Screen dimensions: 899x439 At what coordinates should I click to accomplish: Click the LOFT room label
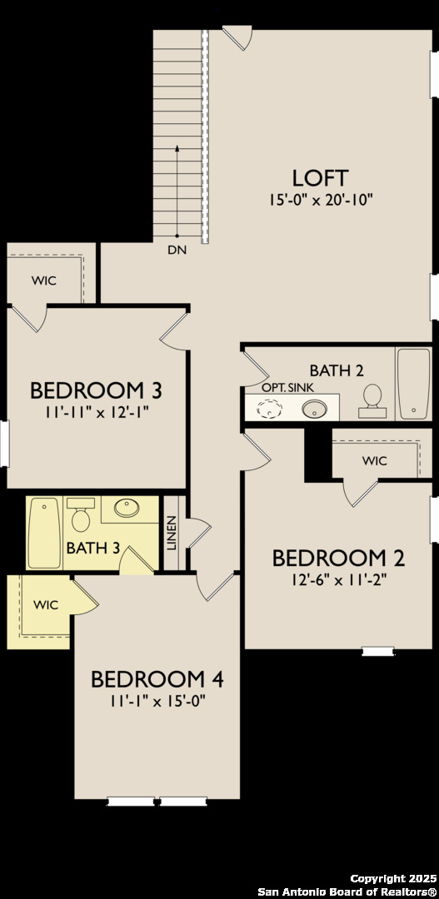pos(320,177)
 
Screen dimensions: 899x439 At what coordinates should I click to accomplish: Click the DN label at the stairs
pos(177,249)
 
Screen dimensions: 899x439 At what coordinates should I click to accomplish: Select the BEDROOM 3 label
pos(96,390)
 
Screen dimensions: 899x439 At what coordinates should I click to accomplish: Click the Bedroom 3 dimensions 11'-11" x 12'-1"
pos(96,410)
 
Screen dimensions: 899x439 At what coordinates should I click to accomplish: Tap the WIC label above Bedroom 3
pos(44,281)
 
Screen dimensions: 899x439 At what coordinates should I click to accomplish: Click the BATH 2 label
pos(336,370)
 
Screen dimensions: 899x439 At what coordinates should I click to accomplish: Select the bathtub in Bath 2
pos(413,383)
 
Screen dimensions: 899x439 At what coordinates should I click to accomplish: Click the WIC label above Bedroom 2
pos(374,459)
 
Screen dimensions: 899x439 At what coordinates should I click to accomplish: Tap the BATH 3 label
pos(87,548)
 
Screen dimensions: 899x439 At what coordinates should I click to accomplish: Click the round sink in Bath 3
pos(127,509)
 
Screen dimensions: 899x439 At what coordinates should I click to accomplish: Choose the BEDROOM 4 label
pos(157,678)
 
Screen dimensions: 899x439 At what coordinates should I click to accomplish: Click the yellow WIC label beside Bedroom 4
pos(46,605)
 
